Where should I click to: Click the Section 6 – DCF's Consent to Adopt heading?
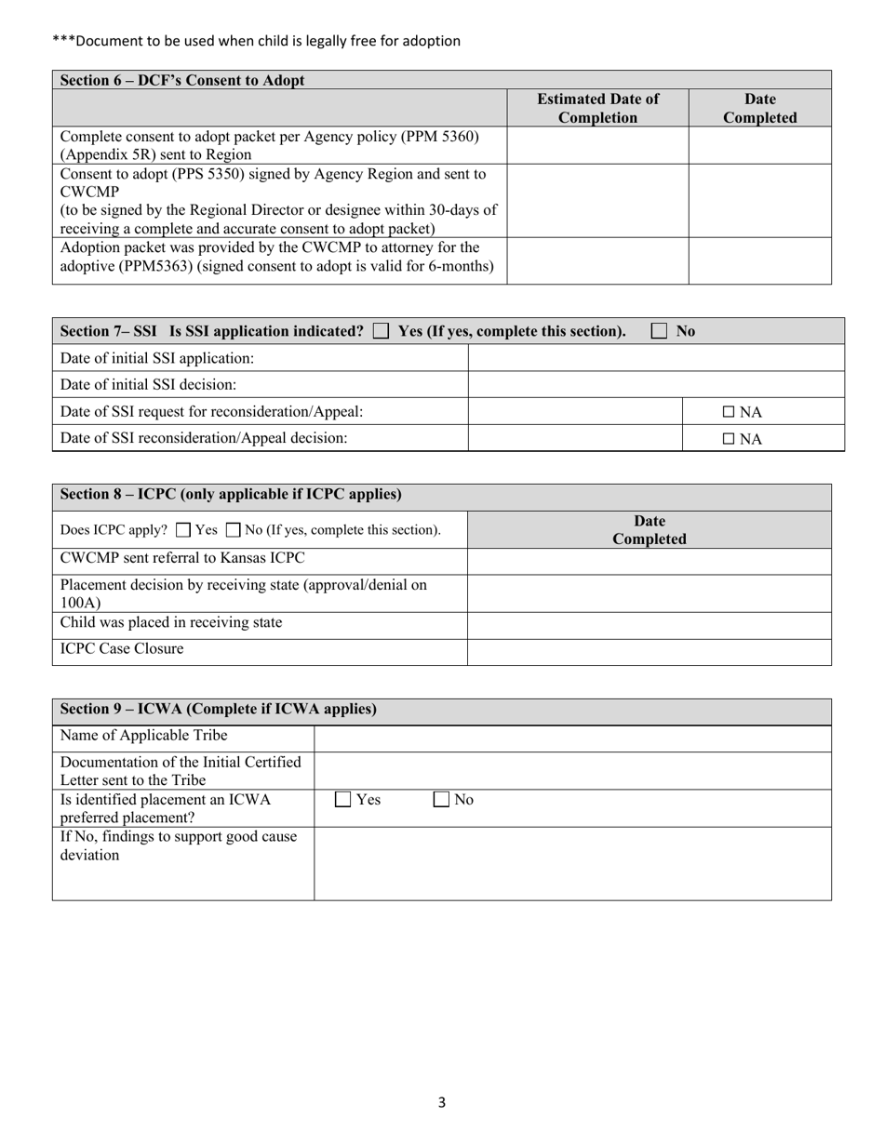point(182,80)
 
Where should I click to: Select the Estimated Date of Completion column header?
point(597,108)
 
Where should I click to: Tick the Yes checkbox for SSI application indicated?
point(381,331)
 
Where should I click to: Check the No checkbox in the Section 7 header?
point(660,331)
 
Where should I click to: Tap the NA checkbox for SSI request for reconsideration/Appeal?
point(729,412)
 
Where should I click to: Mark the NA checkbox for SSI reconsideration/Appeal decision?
point(729,439)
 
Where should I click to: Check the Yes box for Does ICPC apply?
point(183,530)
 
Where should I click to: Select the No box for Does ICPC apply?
point(234,530)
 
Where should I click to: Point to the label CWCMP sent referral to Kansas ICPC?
point(182,558)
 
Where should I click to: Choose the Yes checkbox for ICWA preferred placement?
point(343,799)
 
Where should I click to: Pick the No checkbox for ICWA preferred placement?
point(443,799)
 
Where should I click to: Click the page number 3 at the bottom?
point(442,1103)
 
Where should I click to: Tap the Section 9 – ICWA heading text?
point(219,709)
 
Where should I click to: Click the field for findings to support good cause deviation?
point(572,863)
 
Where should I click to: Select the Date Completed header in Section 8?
point(649,529)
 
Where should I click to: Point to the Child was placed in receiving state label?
point(171,622)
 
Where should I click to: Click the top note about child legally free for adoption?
point(257,41)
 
